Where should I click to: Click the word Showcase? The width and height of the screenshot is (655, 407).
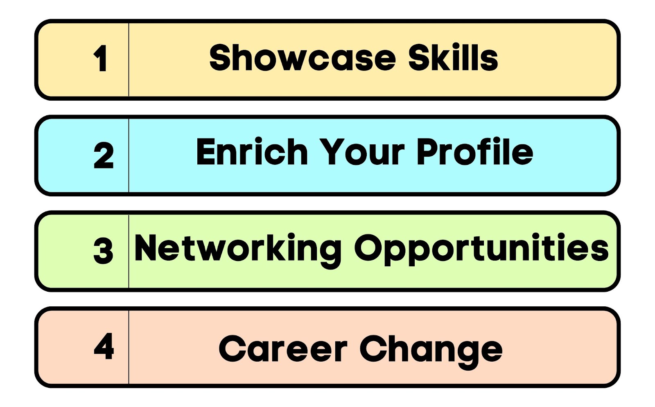click(x=303, y=57)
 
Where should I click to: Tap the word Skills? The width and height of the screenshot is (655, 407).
click(x=453, y=57)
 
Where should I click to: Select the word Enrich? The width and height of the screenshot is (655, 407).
click(x=252, y=152)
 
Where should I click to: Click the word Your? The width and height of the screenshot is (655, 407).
click(x=362, y=152)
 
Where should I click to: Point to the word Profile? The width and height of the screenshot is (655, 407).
click(x=475, y=151)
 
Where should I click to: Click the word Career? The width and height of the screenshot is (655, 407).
click(x=283, y=349)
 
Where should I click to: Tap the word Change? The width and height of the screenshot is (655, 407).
click(x=431, y=352)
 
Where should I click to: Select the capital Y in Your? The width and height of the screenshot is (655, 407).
click(x=332, y=152)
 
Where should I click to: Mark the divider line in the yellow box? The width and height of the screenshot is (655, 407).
click(x=129, y=60)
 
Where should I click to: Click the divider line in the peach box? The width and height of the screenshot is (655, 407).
click(x=129, y=347)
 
